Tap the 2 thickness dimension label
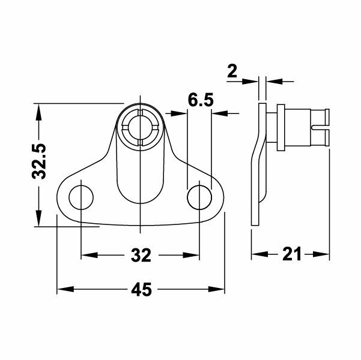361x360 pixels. [232, 72]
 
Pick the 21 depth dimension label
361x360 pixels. [291, 254]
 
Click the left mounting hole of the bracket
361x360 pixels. [80, 196]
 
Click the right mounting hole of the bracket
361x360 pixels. [199, 196]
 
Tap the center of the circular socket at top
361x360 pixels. [139, 125]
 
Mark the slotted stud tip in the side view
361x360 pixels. [322, 127]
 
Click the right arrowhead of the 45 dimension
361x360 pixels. [220, 290]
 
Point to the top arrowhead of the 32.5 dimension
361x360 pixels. [40, 109]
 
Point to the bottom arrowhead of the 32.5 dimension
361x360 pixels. [40, 221]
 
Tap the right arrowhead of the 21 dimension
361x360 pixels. [325, 254]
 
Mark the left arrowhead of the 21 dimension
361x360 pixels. [256, 254]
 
